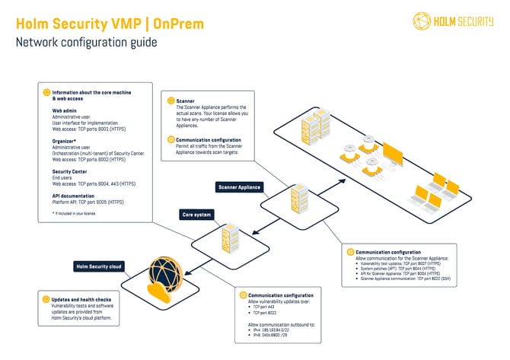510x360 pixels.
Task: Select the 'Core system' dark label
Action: [x=196, y=215]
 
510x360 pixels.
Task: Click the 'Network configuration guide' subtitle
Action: [x=86, y=42]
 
